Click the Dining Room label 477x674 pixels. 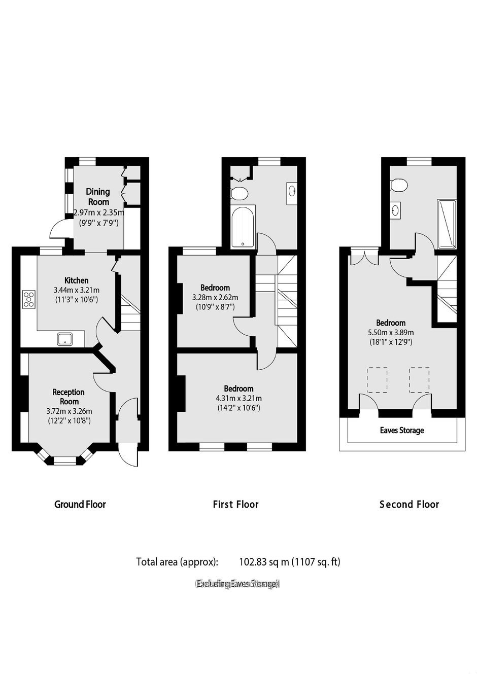click(98, 196)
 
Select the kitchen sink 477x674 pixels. click(65, 339)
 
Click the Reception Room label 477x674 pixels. click(69, 397)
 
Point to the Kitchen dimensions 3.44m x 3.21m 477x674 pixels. click(77, 291)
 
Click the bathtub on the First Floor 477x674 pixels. click(243, 227)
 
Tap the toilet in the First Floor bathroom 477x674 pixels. click(240, 193)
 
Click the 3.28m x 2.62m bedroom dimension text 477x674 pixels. click(215, 298)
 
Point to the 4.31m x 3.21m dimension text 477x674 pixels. click(239, 399)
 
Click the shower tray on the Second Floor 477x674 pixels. click(447, 225)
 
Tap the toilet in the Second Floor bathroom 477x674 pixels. click(398, 185)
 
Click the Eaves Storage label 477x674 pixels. click(402, 430)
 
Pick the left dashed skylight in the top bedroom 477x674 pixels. click(377, 380)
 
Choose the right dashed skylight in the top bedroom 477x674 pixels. click(419, 380)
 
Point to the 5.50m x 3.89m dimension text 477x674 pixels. click(391, 333)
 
